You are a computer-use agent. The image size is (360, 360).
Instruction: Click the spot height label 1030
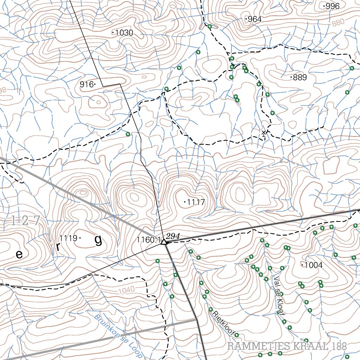tap(124, 33)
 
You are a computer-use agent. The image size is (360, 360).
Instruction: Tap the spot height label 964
tap(254, 19)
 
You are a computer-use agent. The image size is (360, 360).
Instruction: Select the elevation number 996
tap(332, 6)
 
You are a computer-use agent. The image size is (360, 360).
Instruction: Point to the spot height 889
tap(300, 77)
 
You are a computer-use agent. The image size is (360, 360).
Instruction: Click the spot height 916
tap(86, 84)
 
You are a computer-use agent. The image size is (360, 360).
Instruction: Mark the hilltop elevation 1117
tap(196, 202)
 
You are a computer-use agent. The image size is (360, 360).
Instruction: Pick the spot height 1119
tap(68, 238)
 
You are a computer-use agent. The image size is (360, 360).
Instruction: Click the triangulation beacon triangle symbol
tap(163, 242)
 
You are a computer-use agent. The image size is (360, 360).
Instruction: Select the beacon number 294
tap(173, 236)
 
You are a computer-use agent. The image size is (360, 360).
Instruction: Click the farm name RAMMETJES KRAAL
tap(278, 346)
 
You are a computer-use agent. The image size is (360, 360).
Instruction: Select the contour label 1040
tap(127, 291)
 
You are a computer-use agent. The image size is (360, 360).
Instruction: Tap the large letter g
tap(98, 240)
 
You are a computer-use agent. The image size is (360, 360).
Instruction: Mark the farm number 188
tap(339, 346)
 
